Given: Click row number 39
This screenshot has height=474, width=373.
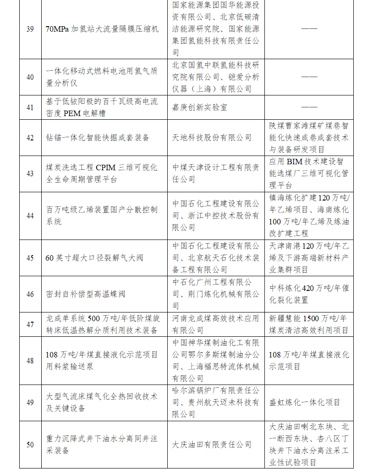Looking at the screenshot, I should click(x=30, y=29).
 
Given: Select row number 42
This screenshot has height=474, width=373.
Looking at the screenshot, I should click(x=30, y=138).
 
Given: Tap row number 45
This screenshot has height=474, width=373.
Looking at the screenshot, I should click(x=30, y=258).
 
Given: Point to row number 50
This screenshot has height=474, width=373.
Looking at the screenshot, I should click(x=30, y=444).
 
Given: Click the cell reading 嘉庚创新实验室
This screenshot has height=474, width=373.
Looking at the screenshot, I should click(x=200, y=107).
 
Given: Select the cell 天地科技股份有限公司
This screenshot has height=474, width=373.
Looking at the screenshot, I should click(x=212, y=138).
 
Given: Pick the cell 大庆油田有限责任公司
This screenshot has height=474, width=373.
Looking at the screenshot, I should click(x=212, y=444).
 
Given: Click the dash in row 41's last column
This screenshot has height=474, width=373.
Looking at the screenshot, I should click(x=309, y=107).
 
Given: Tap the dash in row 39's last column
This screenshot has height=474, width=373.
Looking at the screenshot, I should click(x=309, y=29).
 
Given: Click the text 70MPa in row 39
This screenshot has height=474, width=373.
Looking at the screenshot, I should click(x=58, y=29).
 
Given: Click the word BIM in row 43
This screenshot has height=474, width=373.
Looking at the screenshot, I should click(x=295, y=162).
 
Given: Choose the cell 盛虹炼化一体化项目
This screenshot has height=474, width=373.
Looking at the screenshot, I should click(x=304, y=402).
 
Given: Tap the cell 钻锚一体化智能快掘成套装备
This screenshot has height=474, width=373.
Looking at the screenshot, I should click(x=98, y=138).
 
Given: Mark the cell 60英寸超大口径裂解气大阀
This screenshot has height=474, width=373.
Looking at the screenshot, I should click(x=94, y=258).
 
